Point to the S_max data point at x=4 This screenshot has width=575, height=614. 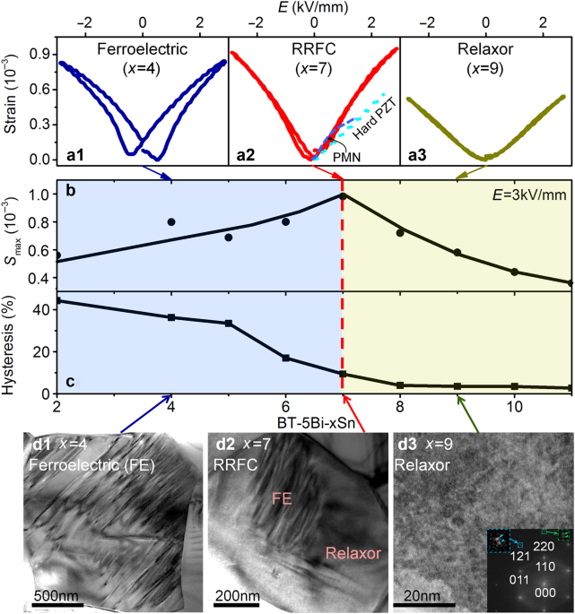(171, 222)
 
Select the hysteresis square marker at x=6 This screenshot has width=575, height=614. (286, 358)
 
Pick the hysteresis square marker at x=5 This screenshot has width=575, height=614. (229, 323)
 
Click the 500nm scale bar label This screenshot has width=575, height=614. (60, 595)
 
